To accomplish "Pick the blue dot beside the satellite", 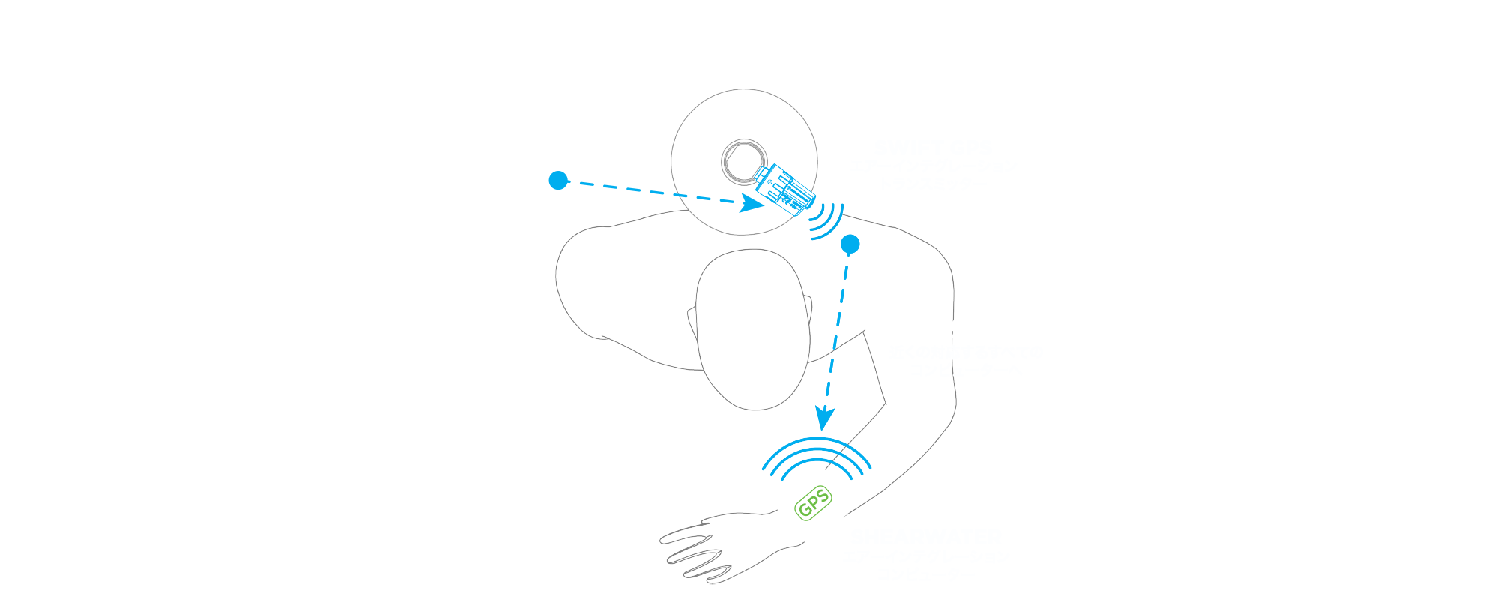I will tap(557, 181).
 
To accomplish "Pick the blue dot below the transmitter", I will tap(850, 244).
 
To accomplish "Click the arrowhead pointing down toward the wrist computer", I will tap(824, 418).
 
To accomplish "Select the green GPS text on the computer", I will tap(814, 503).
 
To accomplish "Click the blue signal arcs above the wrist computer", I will tap(817, 453).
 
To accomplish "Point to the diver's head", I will tap(752, 330).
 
